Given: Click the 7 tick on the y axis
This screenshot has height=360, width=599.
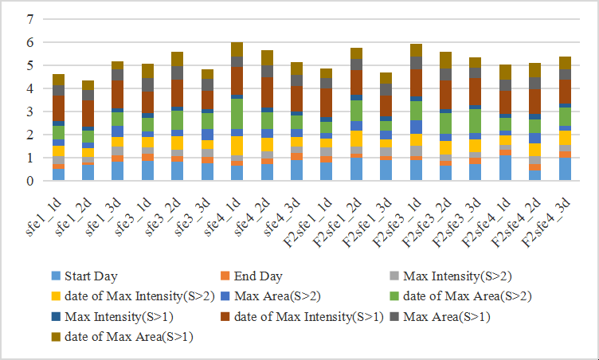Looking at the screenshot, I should click(30, 18).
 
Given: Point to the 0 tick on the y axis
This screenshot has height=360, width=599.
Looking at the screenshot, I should click(30, 181).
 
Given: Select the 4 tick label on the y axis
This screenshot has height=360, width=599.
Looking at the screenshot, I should click(30, 88).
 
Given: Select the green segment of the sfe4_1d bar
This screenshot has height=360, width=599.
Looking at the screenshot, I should click(237, 113).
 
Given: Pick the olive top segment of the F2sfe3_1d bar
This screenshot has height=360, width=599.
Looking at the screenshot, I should click(415, 50).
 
